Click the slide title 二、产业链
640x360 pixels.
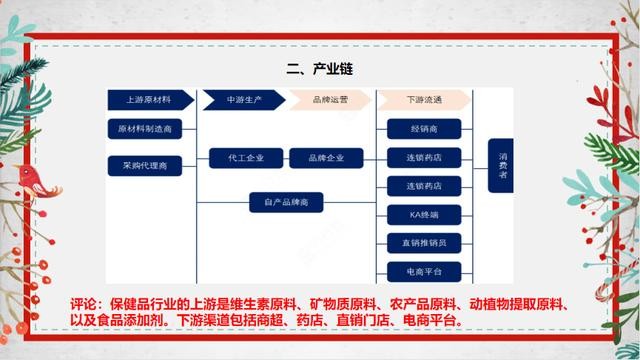tap(319, 69)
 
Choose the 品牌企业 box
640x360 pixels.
tap(325, 158)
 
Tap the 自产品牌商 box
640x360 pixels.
tap(286, 203)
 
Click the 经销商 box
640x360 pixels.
tap(424, 128)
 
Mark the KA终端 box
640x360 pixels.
tap(424, 214)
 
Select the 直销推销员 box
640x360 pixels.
tap(424, 243)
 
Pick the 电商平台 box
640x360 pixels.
tap(424, 271)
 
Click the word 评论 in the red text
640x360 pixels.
tap(88, 302)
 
